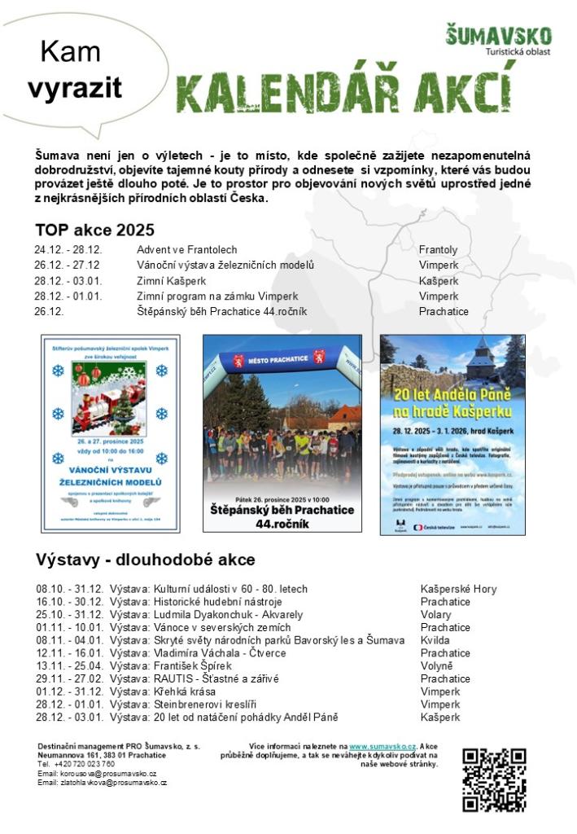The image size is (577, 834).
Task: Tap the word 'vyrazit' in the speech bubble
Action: [x=75, y=87]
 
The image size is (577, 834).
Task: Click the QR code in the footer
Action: [x=494, y=779]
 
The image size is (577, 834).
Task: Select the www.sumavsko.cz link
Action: [x=382, y=746]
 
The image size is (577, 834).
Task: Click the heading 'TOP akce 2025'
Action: [x=94, y=229]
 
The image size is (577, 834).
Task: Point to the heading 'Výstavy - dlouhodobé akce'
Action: [x=145, y=560]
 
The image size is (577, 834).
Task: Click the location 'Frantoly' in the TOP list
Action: [x=438, y=249]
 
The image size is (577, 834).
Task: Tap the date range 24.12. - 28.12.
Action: [x=68, y=249]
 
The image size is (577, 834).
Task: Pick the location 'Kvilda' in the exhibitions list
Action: [x=435, y=640]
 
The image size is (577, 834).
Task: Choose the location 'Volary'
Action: [x=435, y=614]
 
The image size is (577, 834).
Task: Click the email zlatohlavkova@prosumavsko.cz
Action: [x=102, y=783]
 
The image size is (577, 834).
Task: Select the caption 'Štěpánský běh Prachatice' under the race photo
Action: [x=282, y=510]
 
